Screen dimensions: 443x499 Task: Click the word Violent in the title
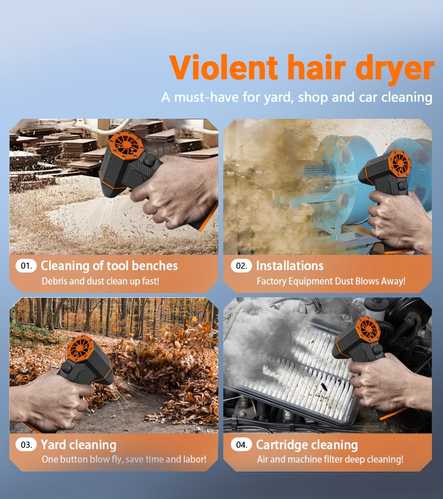pyautogui.click(x=224, y=67)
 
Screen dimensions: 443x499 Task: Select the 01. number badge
pyautogui.click(x=26, y=266)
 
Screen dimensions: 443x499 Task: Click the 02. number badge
pyautogui.click(x=241, y=266)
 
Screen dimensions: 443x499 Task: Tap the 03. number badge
pyautogui.click(x=26, y=444)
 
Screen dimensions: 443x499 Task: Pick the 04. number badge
pyautogui.click(x=241, y=444)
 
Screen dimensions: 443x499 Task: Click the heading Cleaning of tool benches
pyautogui.click(x=109, y=266)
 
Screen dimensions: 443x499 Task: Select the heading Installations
pyautogui.click(x=290, y=266)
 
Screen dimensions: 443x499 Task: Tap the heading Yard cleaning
pyautogui.click(x=78, y=445)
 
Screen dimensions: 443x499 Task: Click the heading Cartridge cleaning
pyautogui.click(x=307, y=445)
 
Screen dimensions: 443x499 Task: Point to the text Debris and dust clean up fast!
pyautogui.click(x=101, y=281)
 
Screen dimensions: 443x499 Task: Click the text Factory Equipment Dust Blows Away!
pyautogui.click(x=331, y=281)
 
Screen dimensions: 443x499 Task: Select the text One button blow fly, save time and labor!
pyautogui.click(x=124, y=460)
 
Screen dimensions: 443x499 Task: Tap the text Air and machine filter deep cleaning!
pyautogui.click(x=330, y=460)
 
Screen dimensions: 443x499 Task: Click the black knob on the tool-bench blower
pyautogui.click(x=149, y=159)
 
